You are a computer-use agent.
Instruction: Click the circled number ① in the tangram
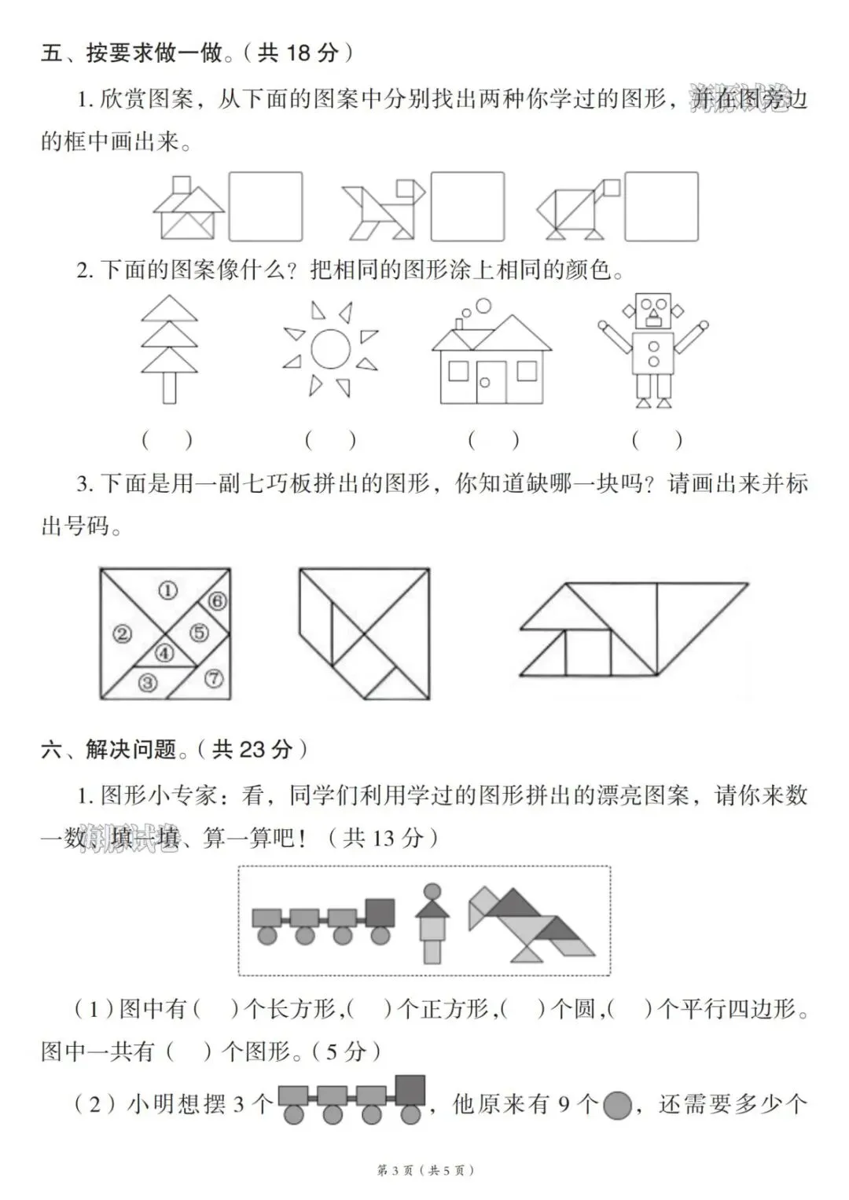(167, 590)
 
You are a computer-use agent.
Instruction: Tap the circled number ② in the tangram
(122, 633)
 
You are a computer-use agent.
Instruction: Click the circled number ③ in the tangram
(147, 683)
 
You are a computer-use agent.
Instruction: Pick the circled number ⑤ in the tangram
(199, 633)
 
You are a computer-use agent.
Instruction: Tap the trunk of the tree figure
(169, 387)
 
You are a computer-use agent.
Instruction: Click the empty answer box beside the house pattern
(266, 206)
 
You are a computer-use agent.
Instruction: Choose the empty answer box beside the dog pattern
(468, 206)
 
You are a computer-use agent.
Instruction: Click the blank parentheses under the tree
(167, 440)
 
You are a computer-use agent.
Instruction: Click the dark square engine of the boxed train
(380, 913)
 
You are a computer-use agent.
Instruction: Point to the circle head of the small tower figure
(432, 893)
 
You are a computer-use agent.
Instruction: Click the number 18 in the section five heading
(300, 53)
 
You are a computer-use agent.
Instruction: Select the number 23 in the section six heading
(254, 749)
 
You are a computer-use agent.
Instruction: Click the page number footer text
(425, 1171)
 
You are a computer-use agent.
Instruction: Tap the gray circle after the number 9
(619, 1106)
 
